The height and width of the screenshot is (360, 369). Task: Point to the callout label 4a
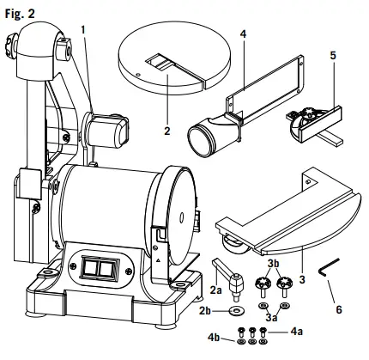(x=296, y=330)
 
